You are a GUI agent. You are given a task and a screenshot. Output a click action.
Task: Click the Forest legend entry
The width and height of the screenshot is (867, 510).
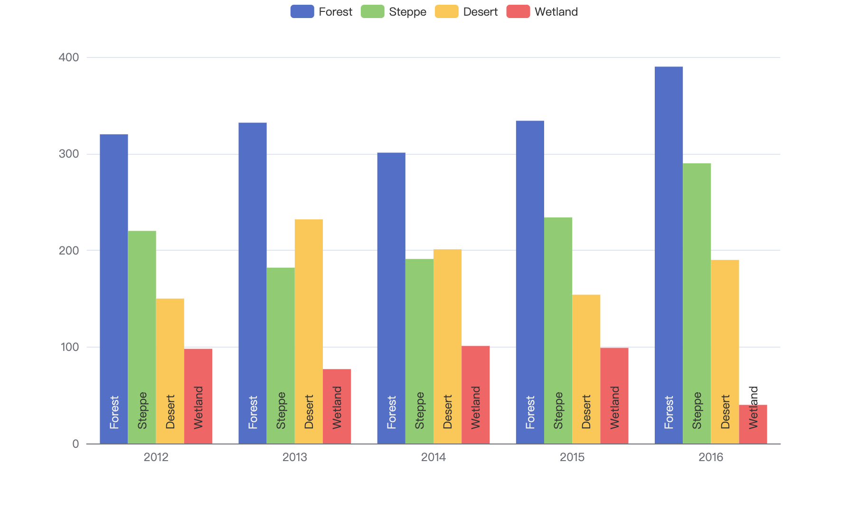pos(321,11)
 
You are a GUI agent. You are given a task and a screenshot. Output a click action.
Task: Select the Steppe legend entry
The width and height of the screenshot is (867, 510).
pos(394,11)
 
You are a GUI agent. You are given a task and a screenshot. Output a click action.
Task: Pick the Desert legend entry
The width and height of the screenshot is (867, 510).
pos(466,11)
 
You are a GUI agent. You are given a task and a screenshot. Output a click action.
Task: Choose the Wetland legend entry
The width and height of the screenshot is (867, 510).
pos(542,11)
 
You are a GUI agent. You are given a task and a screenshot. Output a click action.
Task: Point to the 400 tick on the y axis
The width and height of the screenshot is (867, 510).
pos(69,57)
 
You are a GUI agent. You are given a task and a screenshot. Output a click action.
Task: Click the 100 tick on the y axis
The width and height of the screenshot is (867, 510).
pos(69,347)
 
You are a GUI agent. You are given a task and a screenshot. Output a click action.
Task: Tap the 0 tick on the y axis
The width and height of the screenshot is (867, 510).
pos(75,444)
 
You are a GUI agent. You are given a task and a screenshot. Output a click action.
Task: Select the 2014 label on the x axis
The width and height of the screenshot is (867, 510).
pos(433,457)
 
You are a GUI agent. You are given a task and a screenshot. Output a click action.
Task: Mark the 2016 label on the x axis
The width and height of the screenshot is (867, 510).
pos(711,457)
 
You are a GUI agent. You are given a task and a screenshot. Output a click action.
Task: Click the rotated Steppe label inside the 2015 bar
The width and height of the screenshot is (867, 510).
pos(558,410)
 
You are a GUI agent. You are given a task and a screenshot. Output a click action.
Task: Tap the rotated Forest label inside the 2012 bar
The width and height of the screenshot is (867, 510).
pos(114,412)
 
